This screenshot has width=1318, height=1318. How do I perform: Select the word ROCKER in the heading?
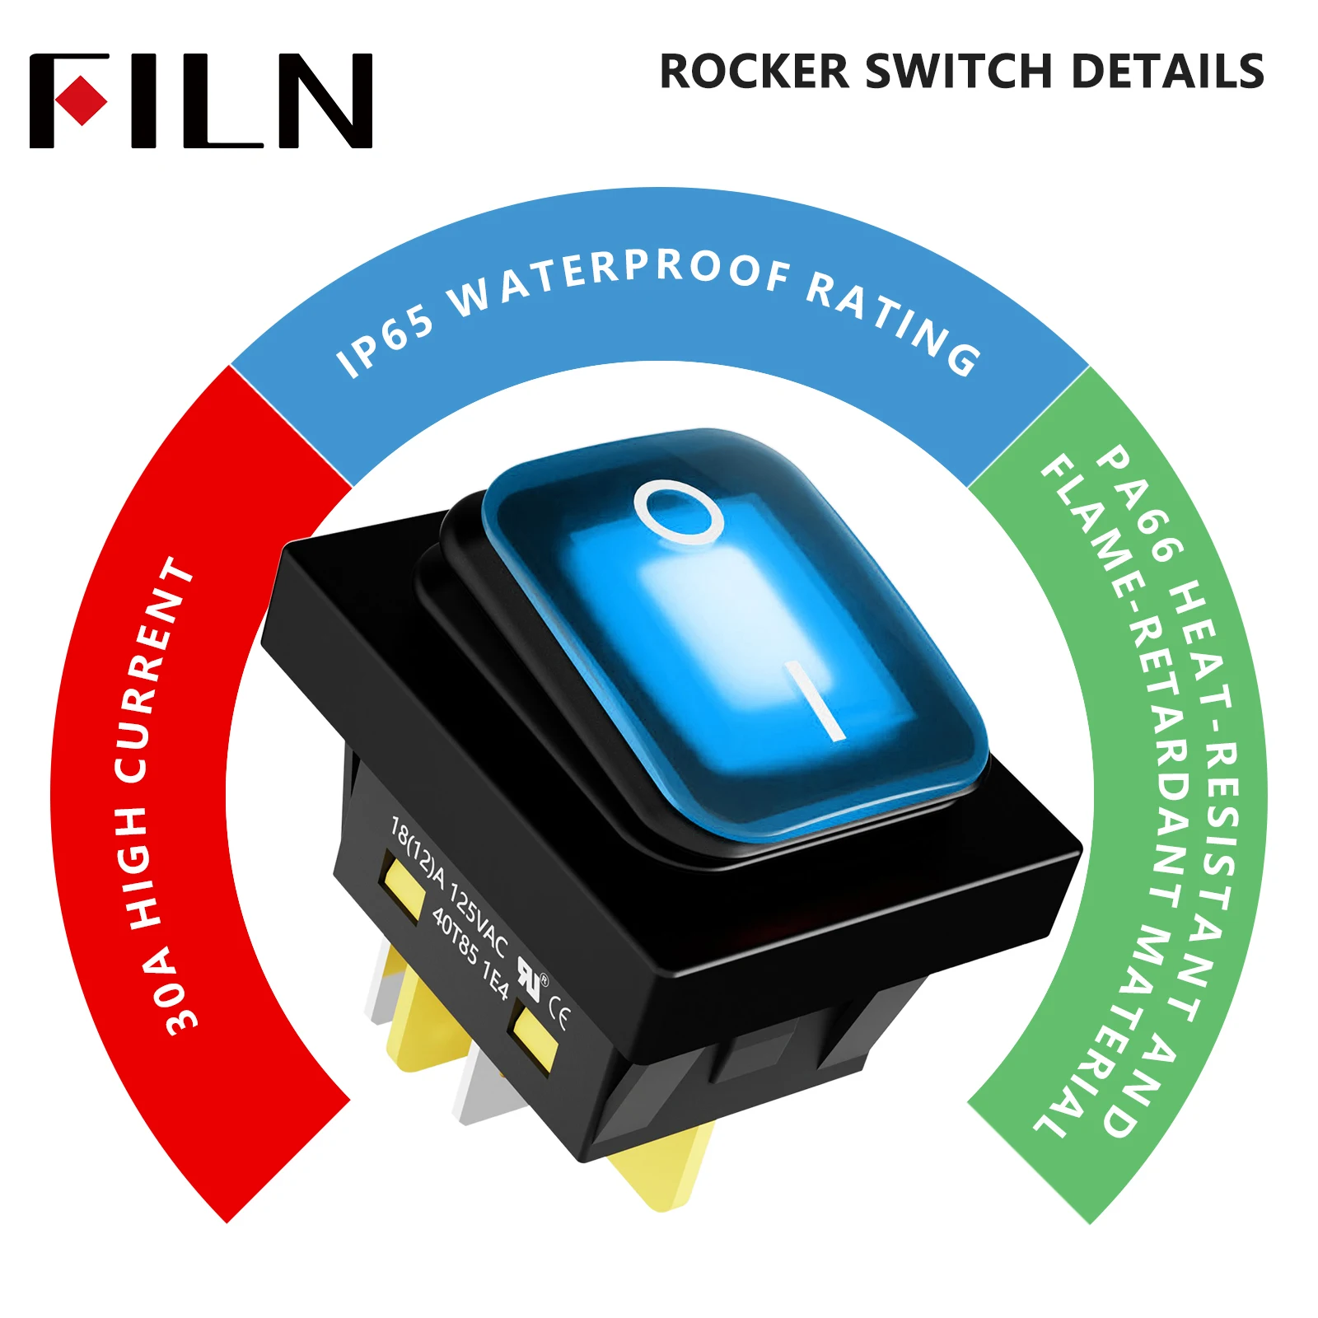(x=755, y=72)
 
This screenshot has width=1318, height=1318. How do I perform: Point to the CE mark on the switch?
(x=558, y=1018)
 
